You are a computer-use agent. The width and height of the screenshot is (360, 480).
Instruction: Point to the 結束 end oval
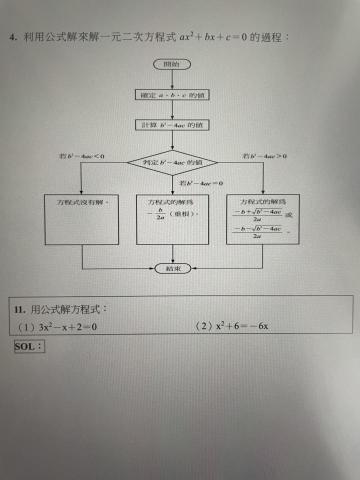coord(171,268)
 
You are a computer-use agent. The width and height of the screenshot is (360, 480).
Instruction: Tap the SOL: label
coord(31,346)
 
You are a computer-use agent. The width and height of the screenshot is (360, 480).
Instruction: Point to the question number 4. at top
coord(17,37)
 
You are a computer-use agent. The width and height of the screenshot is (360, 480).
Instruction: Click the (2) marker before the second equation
coord(205,326)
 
